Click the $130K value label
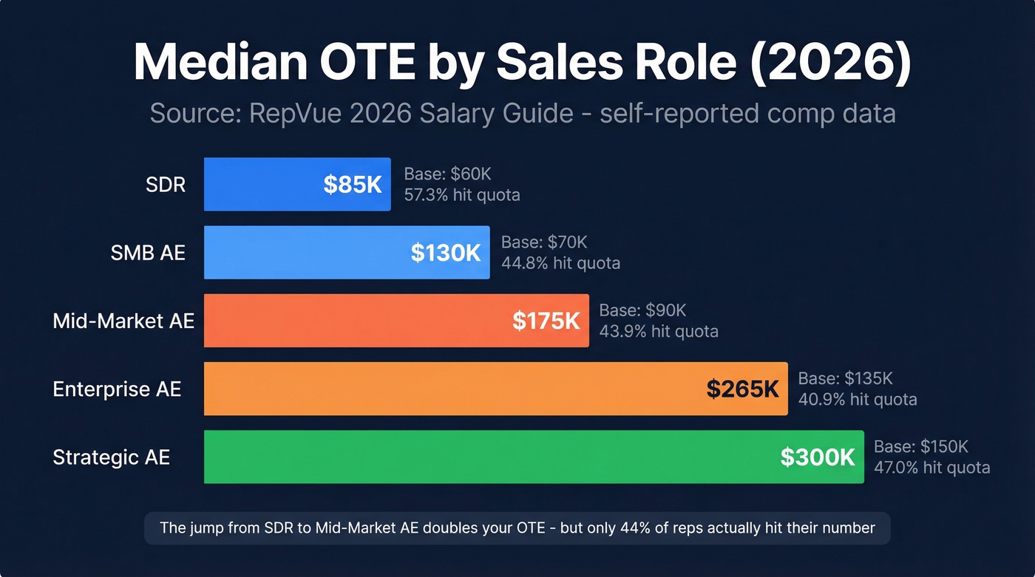[x=445, y=253]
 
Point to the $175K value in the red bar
[x=546, y=321]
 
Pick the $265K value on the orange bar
[x=742, y=389]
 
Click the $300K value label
[x=818, y=457]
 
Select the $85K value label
[x=352, y=185]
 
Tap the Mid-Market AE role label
[x=123, y=321]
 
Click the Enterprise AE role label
[x=117, y=389]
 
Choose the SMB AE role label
[x=148, y=253]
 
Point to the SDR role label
[x=166, y=184]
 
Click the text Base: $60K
[x=447, y=174]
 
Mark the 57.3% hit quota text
[x=461, y=195]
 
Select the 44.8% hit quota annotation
[x=560, y=263]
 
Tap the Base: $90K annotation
[x=642, y=310]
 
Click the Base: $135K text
[x=845, y=378]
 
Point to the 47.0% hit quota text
[x=931, y=467]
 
